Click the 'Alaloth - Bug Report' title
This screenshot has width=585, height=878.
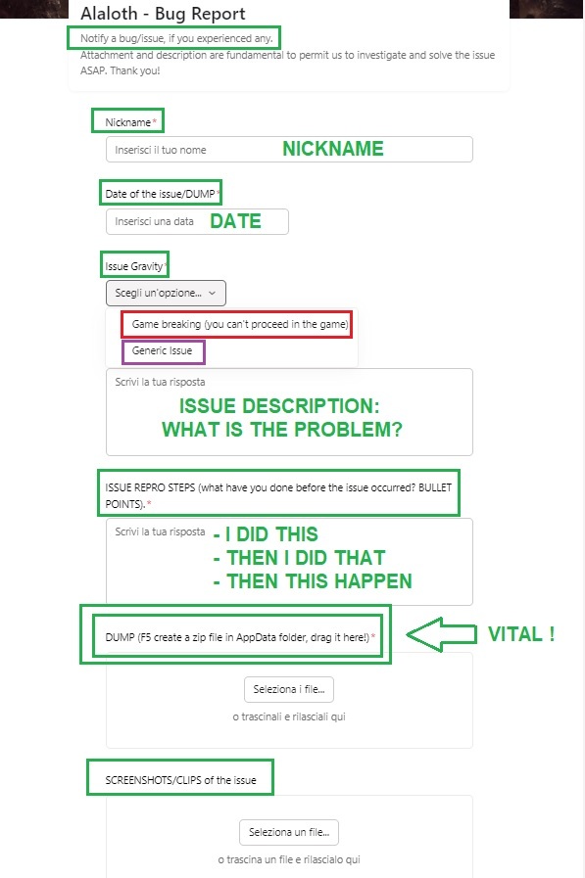pos(163,14)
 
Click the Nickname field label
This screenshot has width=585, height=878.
pos(127,122)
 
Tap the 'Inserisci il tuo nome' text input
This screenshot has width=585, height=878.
pos(289,150)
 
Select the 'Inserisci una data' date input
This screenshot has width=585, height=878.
pos(197,222)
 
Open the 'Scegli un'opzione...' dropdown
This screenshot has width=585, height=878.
pos(166,293)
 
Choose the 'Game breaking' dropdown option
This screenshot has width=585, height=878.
pos(240,324)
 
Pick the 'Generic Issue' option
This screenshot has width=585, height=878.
pos(162,350)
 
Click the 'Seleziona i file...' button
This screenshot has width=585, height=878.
pos(289,689)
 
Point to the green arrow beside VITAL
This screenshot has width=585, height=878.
pos(441,634)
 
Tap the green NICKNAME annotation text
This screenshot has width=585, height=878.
pos(333,149)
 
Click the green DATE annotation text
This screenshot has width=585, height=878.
pos(236,221)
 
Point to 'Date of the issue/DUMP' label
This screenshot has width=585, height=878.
pos(160,194)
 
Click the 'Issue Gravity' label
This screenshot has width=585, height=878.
pos(134,266)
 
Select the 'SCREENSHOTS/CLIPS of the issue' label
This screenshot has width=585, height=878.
pos(180,780)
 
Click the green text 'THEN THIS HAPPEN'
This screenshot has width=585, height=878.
pos(319,581)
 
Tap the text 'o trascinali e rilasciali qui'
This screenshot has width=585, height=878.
pos(289,716)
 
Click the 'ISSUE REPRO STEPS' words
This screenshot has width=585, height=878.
pos(150,487)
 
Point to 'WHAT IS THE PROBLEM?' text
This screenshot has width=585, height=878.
pos(282,430)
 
